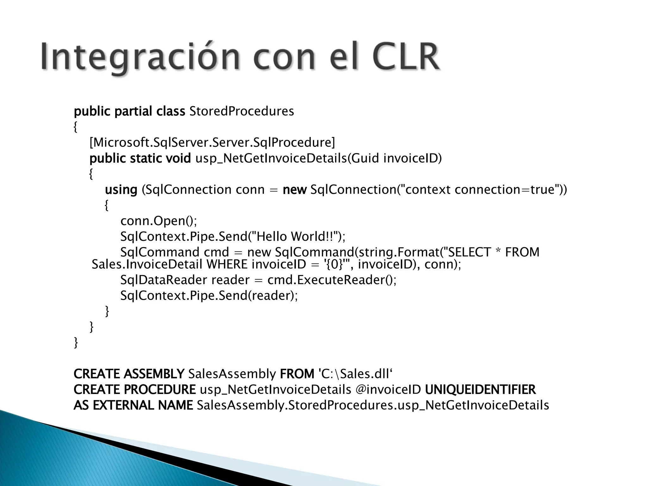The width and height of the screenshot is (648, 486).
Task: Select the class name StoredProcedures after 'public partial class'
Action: [x=242, y=111]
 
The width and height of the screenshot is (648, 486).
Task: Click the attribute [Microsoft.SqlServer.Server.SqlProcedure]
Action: [x=212, y=142]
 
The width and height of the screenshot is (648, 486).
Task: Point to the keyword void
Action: [x=179, y=158]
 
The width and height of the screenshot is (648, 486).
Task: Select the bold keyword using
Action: [x=121, y=190]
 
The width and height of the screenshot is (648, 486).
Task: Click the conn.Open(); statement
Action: [x=159, y=221]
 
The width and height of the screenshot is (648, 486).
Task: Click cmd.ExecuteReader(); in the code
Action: [x=332, y=280]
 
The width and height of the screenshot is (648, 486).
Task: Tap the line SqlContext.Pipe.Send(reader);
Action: [x=209, y=296]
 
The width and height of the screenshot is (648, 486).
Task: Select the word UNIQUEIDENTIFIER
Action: [x=480, y=389]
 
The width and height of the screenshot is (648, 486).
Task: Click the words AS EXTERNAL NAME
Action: [x=133, y=405]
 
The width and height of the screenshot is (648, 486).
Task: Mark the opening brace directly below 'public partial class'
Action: [x=75, y=127]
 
